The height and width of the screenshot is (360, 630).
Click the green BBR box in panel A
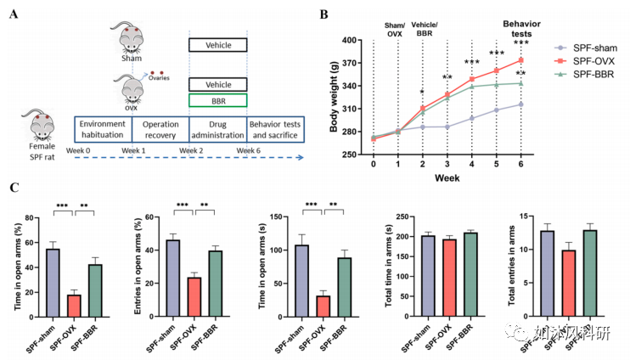217,101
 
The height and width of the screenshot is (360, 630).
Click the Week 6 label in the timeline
248,150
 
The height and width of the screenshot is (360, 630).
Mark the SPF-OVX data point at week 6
520,60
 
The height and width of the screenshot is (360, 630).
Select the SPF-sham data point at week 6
520,104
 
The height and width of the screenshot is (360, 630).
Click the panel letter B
323,12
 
